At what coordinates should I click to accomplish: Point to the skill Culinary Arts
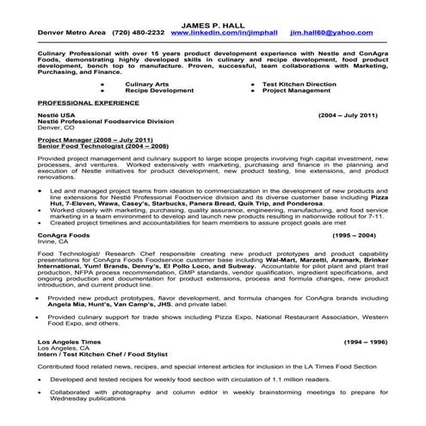143,82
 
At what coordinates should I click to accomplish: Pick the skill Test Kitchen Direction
300,82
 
